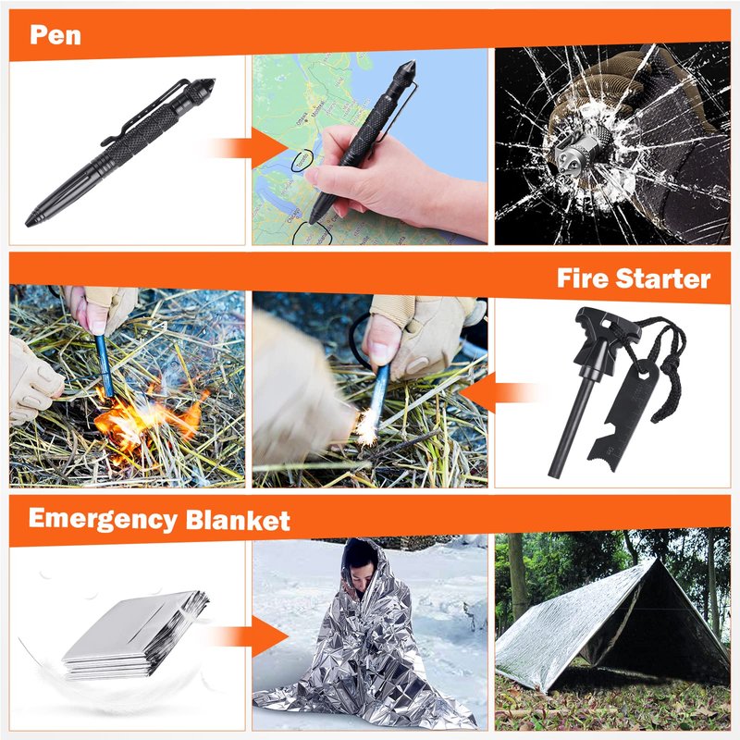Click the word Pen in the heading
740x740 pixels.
point(55,35)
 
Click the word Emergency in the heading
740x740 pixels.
point(103,520)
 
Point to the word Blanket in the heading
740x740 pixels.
point(238,520)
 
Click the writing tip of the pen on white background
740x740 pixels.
point(30,223)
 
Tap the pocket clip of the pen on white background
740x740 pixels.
point(144,113)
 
